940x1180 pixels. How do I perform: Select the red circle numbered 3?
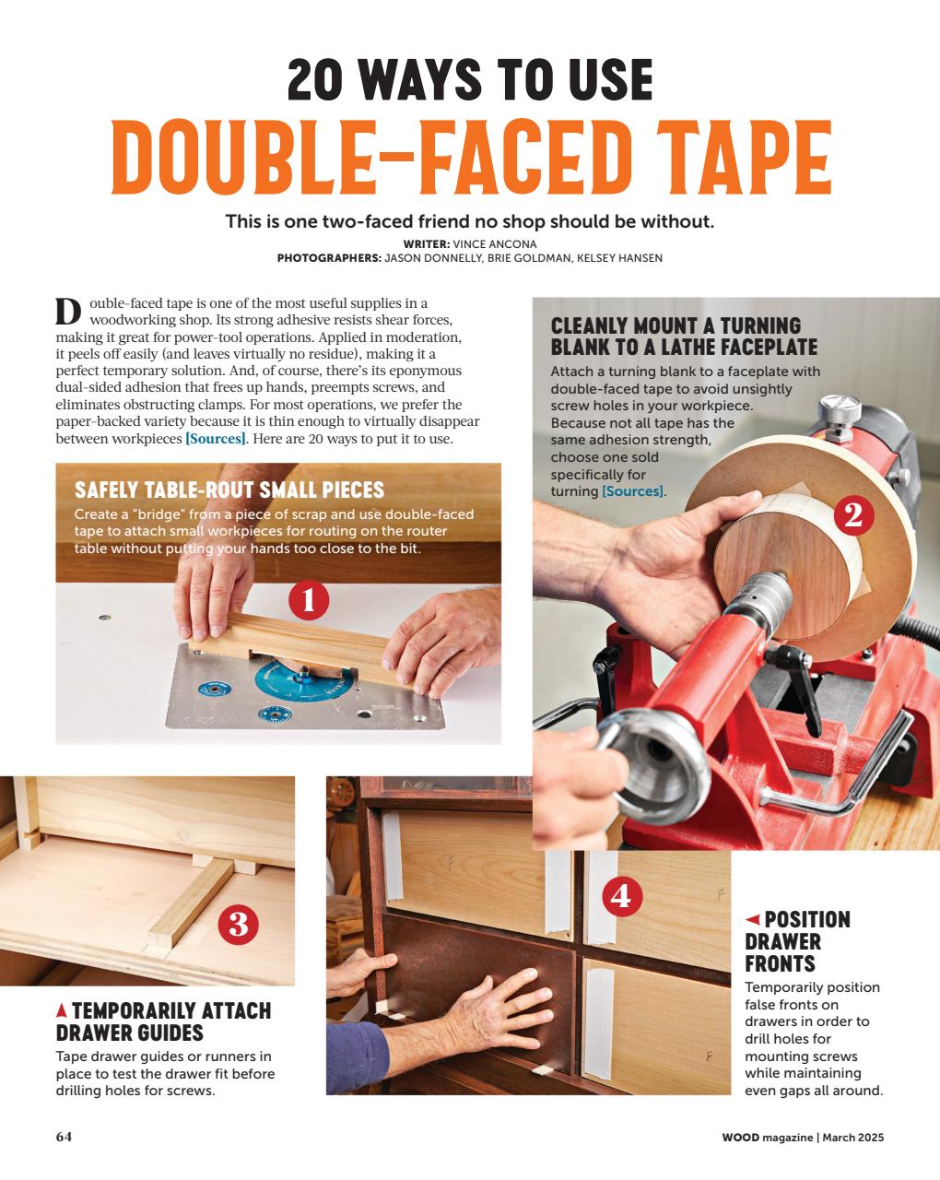tap(238, 924)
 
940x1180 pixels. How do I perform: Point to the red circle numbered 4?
tap(621, 895)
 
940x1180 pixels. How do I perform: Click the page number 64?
tap(64, 1137)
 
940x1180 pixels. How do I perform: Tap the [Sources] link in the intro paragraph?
tap(216, 439)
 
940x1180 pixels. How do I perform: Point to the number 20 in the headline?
tap(322, 80)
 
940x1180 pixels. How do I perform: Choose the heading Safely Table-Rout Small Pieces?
tap(229, 489)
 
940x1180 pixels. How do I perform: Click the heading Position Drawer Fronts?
tap(797, 941)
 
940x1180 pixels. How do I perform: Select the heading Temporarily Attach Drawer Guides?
tap(164, 1021)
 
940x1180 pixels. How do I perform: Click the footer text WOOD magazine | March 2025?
tap(803, 1138)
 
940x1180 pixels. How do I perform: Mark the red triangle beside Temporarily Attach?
tap(62, 1010)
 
